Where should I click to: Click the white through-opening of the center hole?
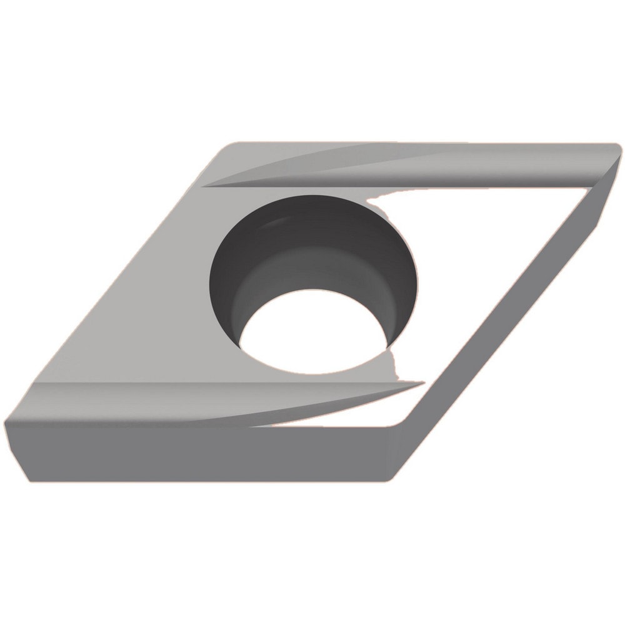[x=312, y=334]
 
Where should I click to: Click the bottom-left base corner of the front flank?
[x=28, y=480]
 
